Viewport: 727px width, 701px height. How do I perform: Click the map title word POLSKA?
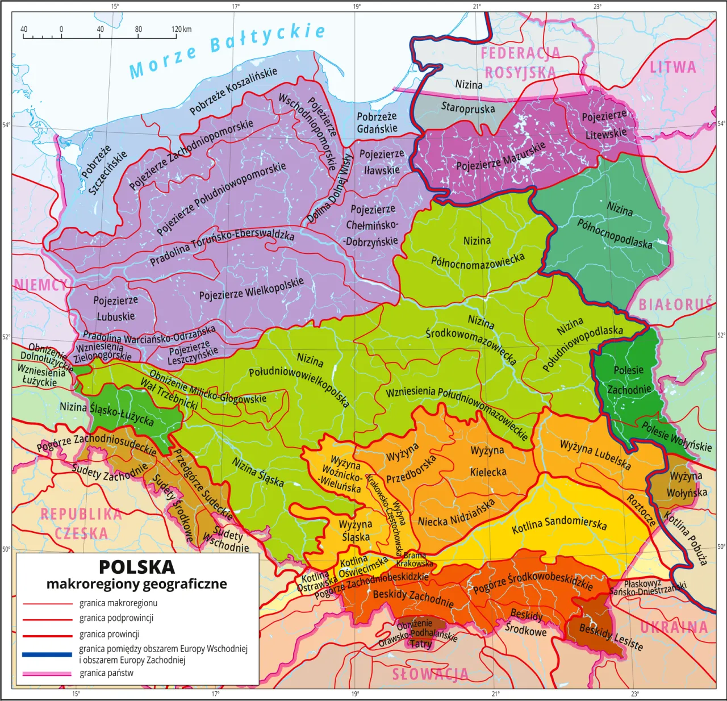click(137, 567)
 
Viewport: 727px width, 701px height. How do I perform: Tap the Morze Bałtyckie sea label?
click(227, 50)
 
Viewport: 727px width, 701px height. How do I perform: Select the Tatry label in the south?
click(421, 644)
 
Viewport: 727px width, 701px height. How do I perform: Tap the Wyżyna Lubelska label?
click(595, 454)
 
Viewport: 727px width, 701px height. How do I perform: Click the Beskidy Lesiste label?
click(611, 637)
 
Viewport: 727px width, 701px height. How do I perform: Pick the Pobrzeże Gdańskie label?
click(377, 123)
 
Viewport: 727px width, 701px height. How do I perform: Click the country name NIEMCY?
click(40, 285)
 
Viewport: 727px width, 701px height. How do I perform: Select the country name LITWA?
click(673, 67)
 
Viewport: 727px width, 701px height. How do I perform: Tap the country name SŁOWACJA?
click(431, 674)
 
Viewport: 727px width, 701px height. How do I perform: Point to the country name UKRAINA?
click(674, 627)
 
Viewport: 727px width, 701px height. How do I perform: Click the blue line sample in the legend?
click(47, 654)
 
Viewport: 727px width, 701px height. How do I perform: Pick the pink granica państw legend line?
click(47, 674)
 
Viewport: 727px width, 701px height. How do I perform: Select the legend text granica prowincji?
click(109, 634)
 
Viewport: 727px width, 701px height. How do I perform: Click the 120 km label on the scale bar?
click(182, 29)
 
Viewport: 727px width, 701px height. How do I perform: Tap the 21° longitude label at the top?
click(477, 6)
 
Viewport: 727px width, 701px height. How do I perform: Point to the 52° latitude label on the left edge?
click(6, 337)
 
